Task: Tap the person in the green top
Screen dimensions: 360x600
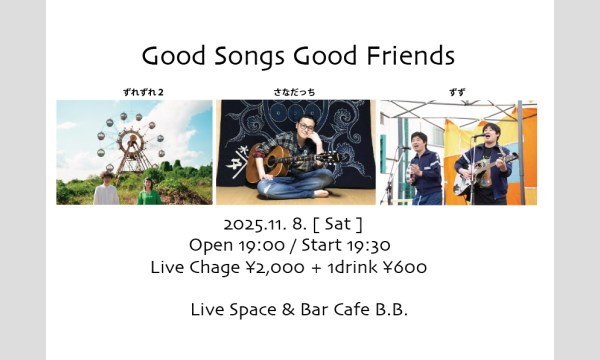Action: point(150,190)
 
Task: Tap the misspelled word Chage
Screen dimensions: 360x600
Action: point(212,267)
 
